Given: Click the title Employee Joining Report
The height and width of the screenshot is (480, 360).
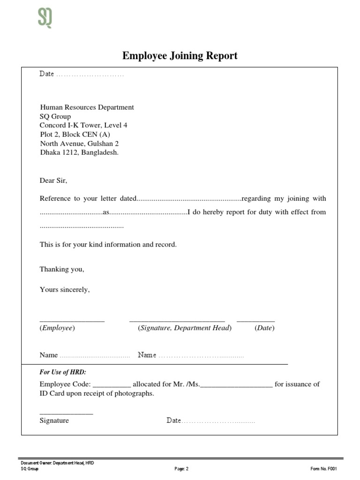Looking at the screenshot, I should pos(180,56).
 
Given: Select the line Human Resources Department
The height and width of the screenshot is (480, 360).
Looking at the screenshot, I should pos(87,107).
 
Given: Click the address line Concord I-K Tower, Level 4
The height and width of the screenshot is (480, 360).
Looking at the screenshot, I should pos(83,125).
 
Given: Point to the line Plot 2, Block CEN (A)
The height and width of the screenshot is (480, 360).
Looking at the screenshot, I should pos(75,134).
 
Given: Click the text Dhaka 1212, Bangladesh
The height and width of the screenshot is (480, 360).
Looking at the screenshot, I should pos(79,152).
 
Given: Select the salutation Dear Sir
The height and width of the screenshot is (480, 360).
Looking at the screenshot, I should pos(53,180).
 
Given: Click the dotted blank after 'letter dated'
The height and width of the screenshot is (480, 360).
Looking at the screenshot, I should pos(188,199).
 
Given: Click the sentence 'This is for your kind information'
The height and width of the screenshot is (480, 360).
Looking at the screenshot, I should pos(108,245).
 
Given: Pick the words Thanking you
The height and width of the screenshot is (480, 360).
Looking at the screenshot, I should pos(62,270).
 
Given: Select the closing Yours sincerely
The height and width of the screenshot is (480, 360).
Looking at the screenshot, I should pos(65,290).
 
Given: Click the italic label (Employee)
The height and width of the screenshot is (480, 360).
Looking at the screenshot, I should pos(57,328).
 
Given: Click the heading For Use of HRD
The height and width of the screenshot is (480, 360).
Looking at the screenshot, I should pos(63,372).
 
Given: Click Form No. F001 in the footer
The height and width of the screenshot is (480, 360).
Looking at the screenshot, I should pos(323,468).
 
